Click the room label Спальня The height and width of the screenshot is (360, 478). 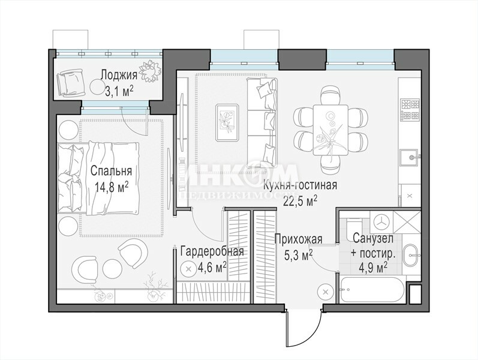point(112,171)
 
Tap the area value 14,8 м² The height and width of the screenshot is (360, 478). point(111,187)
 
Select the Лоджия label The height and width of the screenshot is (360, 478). point(119,75)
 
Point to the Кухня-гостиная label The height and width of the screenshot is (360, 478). point(300,185)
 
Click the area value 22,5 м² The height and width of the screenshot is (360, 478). point(300,200)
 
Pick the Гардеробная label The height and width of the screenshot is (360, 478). point(212,251)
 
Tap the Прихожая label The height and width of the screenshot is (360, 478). point(299,239)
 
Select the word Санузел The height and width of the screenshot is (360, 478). point(373,239)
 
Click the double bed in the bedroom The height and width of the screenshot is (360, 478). point(98,178)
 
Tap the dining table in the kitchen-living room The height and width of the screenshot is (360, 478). point(330,130)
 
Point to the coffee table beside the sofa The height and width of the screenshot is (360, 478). point(227,122)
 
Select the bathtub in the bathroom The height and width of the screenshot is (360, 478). point(372,290)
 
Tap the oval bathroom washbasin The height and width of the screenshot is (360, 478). point(412,254)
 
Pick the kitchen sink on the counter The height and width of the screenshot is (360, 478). point(410,157)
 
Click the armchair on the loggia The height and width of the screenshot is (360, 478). point(70,82)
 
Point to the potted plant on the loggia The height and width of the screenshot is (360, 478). point(150,71)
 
